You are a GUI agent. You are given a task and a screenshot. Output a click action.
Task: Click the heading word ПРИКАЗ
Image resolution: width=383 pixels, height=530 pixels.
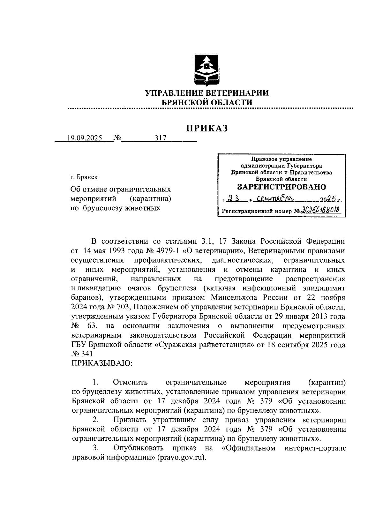click(207, 128)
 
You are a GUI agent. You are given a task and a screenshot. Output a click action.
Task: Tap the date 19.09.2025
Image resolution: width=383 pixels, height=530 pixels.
click(85, 138)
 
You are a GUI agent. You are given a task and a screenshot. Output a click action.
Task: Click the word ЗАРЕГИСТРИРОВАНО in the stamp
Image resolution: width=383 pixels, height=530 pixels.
click(281, 187)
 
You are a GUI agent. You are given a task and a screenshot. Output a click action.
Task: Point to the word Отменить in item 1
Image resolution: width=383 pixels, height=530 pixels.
click(130, 382)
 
